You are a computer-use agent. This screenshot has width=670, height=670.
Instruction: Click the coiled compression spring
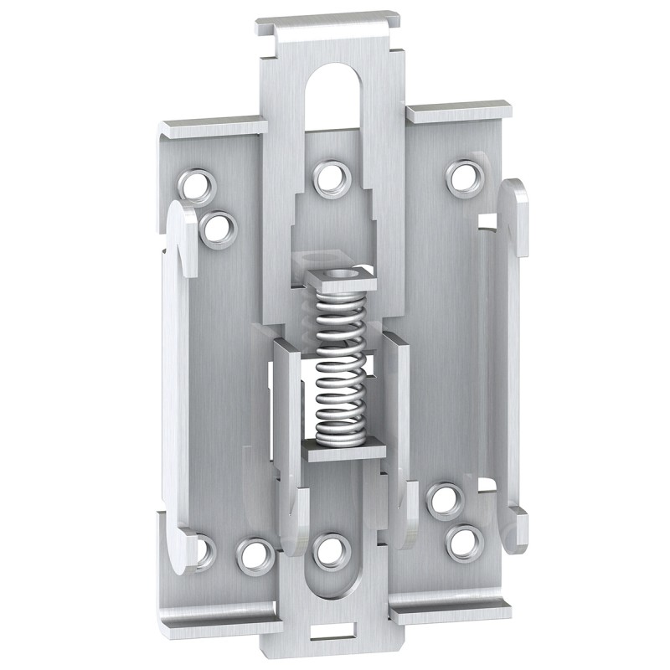click(342, 364)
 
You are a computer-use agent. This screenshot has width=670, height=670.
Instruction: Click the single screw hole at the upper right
click(460, 176)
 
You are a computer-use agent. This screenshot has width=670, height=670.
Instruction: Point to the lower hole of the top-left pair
click(217, 227)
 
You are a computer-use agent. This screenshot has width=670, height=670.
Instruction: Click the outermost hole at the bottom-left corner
click(200, 549)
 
